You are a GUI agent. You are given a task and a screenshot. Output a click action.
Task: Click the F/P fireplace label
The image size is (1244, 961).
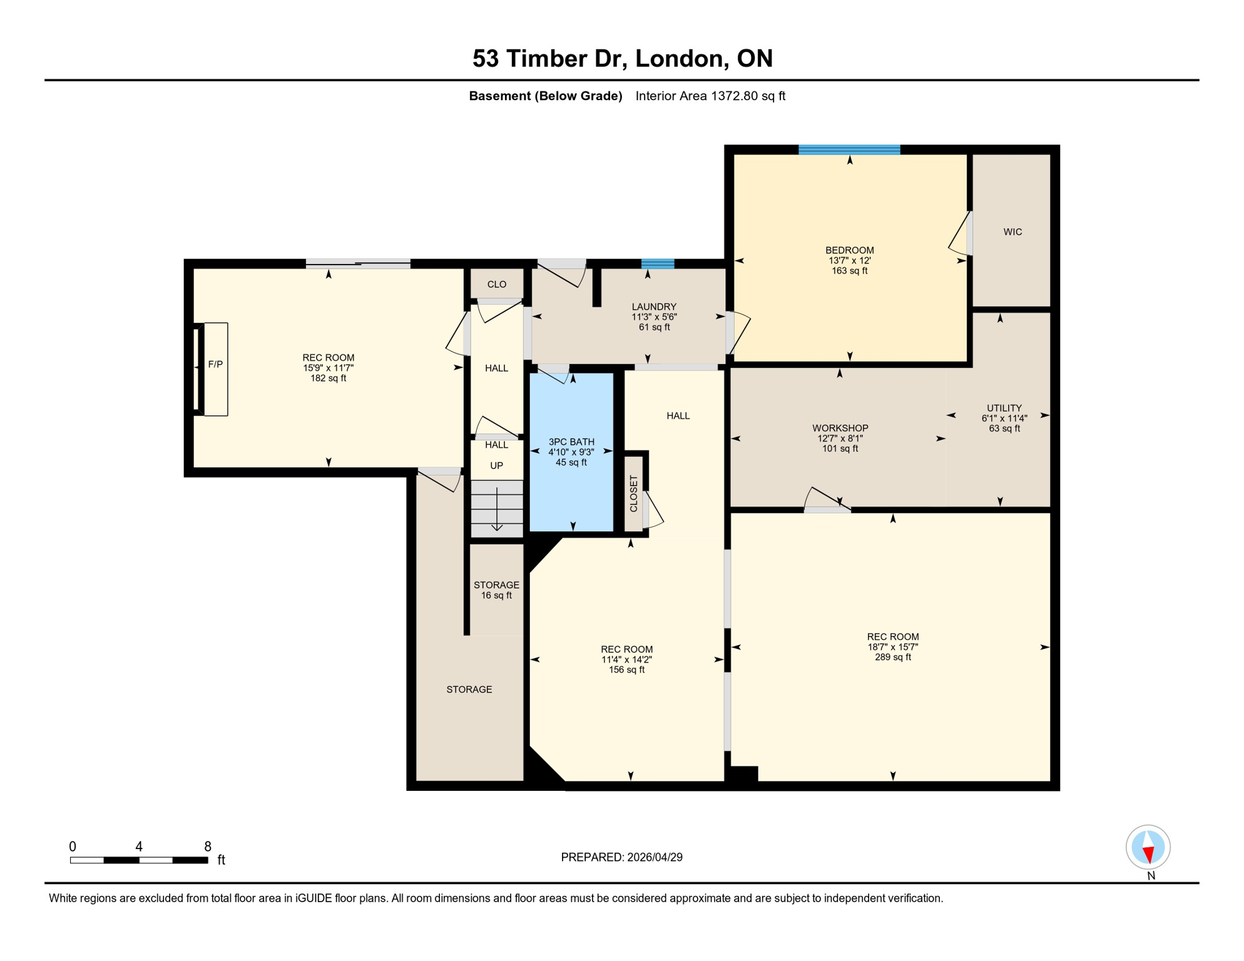215,364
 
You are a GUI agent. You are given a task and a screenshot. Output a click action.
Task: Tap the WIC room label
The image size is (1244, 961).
1012,232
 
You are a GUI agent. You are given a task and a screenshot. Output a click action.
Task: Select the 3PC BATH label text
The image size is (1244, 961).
571,442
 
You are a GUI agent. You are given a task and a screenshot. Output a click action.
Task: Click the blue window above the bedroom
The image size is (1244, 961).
849,150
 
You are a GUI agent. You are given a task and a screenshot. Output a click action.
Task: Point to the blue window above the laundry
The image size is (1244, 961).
658,264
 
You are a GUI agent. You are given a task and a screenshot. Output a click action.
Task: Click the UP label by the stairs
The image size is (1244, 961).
496,465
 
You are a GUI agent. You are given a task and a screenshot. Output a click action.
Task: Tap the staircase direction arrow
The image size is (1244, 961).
497,510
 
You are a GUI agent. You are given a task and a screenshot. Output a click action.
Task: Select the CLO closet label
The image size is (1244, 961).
497,285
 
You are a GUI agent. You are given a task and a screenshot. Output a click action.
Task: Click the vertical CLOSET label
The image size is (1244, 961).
633,494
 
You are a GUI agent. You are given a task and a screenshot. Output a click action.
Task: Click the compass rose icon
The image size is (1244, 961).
1148,847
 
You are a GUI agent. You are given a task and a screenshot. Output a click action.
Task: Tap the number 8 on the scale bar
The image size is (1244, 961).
208,847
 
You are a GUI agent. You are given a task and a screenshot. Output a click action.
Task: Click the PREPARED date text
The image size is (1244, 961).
621,857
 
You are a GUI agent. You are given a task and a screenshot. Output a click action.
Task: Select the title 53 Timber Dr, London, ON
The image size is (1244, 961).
622,58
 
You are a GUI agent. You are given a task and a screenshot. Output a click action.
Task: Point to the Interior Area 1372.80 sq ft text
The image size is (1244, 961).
710,96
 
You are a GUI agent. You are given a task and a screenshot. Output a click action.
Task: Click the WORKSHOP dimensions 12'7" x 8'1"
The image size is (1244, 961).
840,439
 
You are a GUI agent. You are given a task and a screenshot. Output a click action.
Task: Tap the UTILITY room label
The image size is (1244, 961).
1004,408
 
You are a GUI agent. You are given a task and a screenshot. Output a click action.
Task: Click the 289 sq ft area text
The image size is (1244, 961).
892,657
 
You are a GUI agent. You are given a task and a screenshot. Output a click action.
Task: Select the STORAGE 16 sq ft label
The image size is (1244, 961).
496,590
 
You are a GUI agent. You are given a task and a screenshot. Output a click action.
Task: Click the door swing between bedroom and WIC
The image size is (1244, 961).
959,234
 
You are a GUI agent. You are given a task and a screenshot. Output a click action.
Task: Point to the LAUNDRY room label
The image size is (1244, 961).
654,307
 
